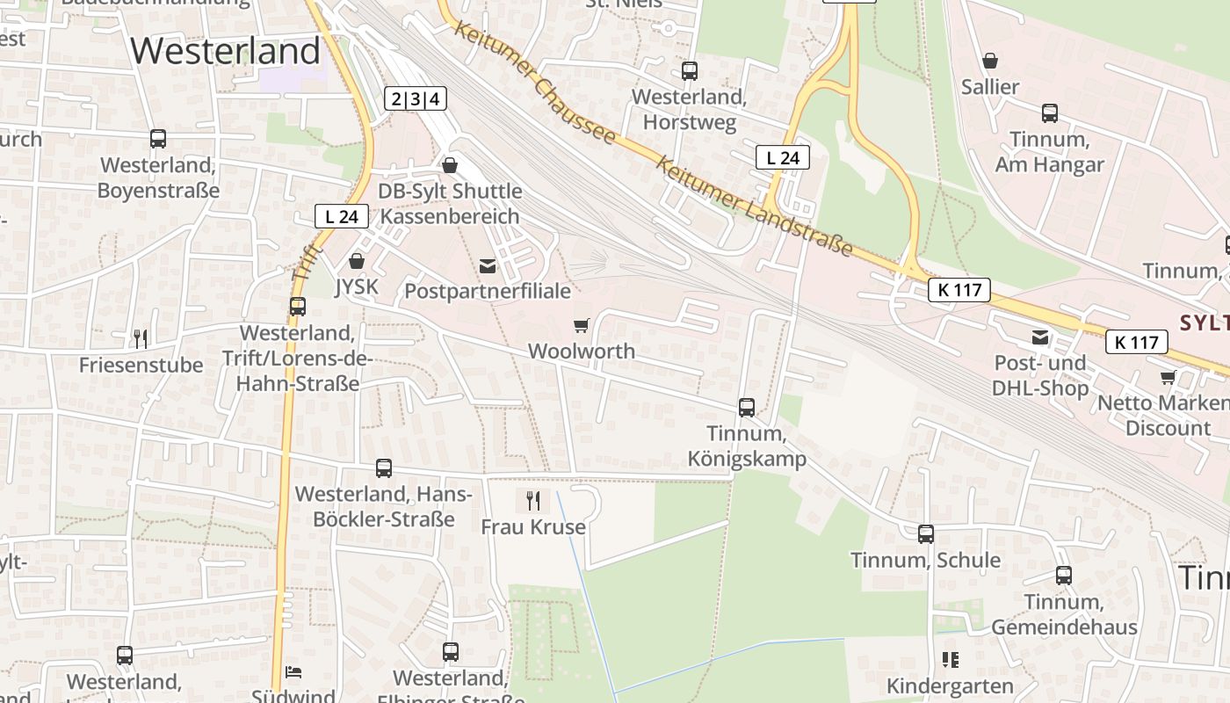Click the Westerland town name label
[226, 51]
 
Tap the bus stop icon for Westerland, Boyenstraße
[158, 139]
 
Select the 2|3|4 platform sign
[415, 99]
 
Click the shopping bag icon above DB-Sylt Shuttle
[450, 165]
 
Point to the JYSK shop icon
[357, 261]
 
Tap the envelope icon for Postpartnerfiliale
[488, 265]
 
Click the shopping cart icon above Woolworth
[581, 326]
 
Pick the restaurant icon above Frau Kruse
[533, 501]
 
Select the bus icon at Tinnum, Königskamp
[747, 408]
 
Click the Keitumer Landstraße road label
[755, 207]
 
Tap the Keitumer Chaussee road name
[535, 83]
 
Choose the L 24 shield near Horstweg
[782, 158]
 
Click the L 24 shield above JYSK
[341, 216]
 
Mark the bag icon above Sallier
[990, 61]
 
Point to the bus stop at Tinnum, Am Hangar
[1050, 113]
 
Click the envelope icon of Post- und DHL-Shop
[1041, 337]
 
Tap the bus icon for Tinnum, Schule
[926, 534]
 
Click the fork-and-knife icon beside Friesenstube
[141, 338]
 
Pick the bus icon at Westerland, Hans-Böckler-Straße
[384, 468]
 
